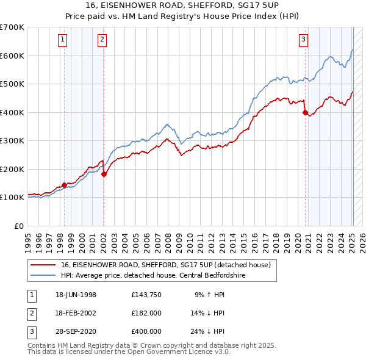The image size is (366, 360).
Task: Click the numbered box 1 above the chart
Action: (x=63, y=40)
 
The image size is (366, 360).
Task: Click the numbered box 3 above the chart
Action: (x=303, y=40)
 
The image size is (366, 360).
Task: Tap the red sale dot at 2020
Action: (x=305, y=112)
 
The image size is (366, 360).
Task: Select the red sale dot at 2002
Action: (x=104, y=174)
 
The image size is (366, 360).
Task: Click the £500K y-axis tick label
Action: (x=12, y=84)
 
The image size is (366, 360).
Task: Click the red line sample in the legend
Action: (x=42, y=265)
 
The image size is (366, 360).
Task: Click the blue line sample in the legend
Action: (x=42, y=276)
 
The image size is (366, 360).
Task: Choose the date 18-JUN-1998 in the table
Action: (x=76, y=295)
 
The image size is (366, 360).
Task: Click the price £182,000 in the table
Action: (x=146, y=313)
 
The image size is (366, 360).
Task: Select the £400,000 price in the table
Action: (x=146, y=331)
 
